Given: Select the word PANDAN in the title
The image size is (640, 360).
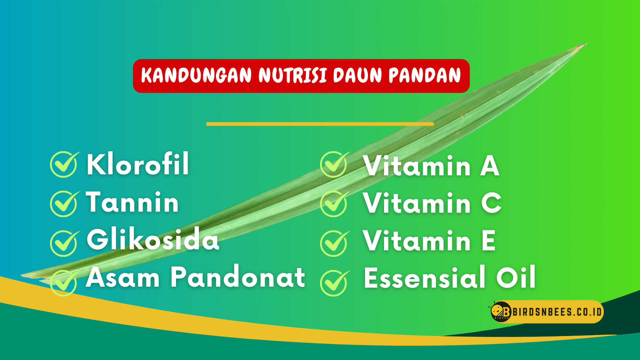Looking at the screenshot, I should [x=425, y=75].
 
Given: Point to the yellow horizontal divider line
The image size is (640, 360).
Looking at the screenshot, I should [x=320, y=124].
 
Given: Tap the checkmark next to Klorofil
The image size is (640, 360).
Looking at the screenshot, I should [x=64, y=164].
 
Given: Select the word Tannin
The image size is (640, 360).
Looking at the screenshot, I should [x=132, y=202].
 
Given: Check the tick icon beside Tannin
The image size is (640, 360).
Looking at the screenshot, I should [x=64, y=203].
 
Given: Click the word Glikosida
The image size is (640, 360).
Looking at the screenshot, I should [x=153, y=239].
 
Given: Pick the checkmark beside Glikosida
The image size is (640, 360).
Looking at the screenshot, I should [x=64, y=243].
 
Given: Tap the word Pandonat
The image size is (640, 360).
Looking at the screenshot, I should [x=238, y=277].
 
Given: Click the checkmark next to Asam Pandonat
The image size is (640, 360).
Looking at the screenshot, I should [x=64, y=282].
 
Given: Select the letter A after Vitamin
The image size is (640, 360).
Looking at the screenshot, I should [x=490, y=166].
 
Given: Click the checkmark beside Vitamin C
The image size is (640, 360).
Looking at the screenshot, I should [x=334, y=203].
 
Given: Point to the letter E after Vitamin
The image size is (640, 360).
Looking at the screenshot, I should [x=489, y=240].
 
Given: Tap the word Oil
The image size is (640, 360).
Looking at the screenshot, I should [x=516, y=277].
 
